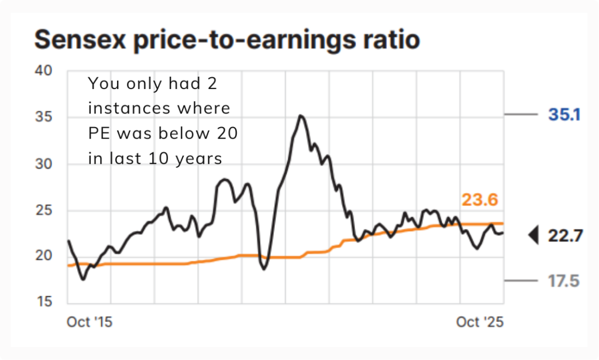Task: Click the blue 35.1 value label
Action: (x=564, y=115)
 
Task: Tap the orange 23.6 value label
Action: (x=480, y=201)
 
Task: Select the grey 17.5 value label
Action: (x=564, y=281)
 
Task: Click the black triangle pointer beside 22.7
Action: (x=533, y=236)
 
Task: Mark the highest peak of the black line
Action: (x=301, y=116)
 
